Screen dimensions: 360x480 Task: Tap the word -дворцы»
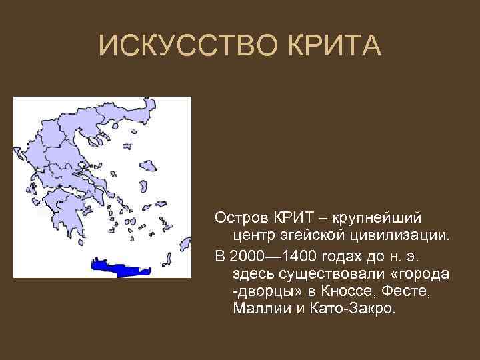click(267, 291)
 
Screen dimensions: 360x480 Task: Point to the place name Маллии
click(260, 309)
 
